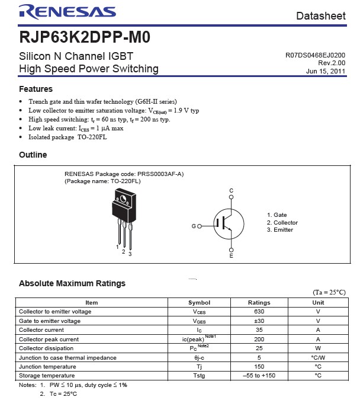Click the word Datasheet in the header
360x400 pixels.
coord(320,16)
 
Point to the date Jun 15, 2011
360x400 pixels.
coord(326,71)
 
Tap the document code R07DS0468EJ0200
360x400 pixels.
coord(315,55)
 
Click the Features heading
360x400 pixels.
coord(36,89)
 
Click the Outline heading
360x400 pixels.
coord(33,155)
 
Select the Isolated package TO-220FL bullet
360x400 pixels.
coord(67,137)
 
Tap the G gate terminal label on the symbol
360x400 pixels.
coord(193,226)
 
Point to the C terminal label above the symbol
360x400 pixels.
coord(232,190)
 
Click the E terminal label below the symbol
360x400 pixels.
coord(232,256)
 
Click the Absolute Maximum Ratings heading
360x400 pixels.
coord(72,283)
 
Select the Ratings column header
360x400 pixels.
coord(259,302)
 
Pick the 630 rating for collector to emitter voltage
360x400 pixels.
coord(259,311)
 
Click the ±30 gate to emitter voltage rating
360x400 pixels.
coord(259,321)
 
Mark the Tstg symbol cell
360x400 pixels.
coord(199,376)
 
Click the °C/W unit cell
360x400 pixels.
coord(318,357)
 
